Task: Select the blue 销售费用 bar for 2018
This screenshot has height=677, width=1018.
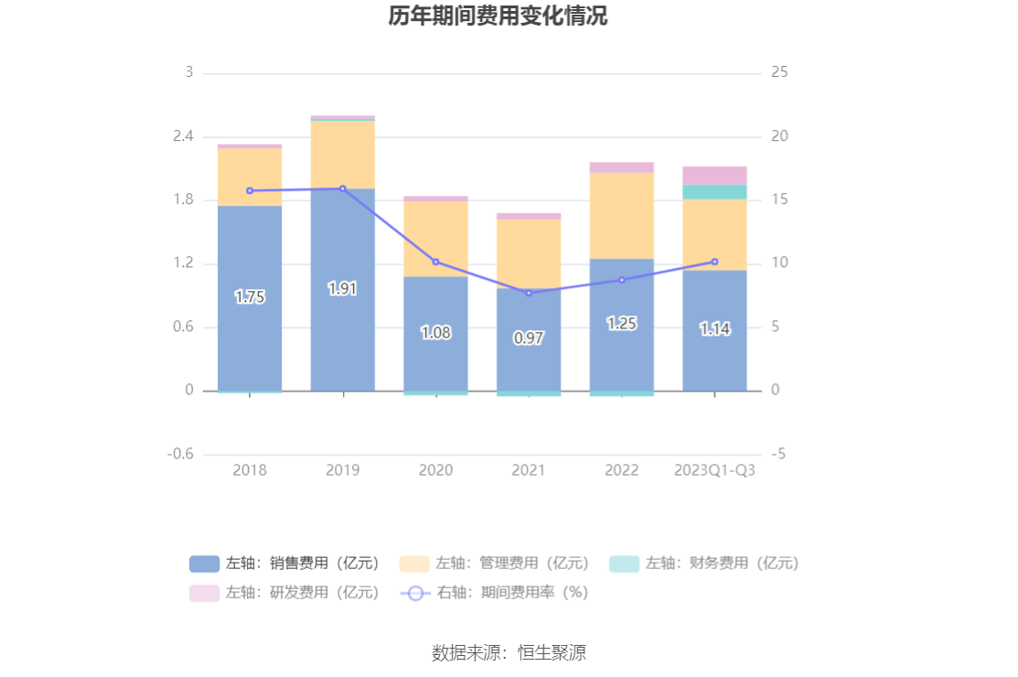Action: click(x=249, y=338)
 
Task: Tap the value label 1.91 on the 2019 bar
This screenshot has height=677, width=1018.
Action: click(x=342, y=289)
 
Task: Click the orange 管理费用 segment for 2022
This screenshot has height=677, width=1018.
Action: click(x=621, y=216)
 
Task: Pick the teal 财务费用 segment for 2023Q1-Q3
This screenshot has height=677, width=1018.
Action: click(x=714, y=192)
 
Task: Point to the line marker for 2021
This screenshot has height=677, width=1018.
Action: click(x=529, y=293)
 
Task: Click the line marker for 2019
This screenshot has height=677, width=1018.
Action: click(x=343, y=188)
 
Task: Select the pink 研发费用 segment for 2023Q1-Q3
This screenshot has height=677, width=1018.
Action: click(x=714, y=176)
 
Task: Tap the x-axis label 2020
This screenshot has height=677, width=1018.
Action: click(x=435, y=470)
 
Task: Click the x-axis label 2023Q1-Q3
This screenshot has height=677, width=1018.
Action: click(x=714, y=470)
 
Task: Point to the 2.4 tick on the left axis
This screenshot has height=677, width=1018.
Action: click(x=184, y=136)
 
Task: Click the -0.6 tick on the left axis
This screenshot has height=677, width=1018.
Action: click(x=180, y=455)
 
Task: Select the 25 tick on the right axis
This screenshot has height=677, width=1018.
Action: click(x=780, y=72)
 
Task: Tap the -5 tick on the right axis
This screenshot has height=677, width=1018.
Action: click(x=778, y=455)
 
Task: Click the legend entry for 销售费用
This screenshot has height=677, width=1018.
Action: click(x=284, y=564)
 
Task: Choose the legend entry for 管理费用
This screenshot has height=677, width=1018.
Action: click(x=494, y=564)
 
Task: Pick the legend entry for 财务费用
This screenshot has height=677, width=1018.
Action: click(x=704, y=564)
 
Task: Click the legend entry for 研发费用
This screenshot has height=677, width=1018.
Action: click(x=284, y=592)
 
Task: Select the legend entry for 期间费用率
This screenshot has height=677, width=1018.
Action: click(x=494, y=592)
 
